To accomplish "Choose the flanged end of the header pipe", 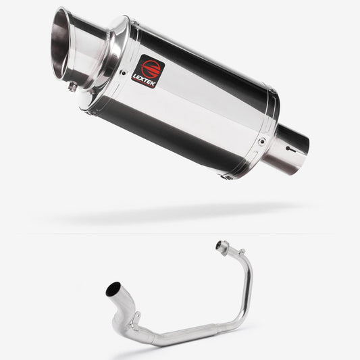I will click(x=221, y=247).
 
